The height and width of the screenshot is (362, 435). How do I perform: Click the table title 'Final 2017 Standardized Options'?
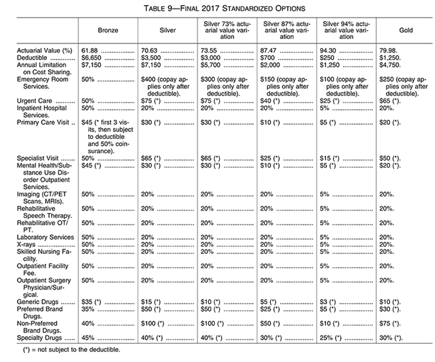[217, 8]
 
